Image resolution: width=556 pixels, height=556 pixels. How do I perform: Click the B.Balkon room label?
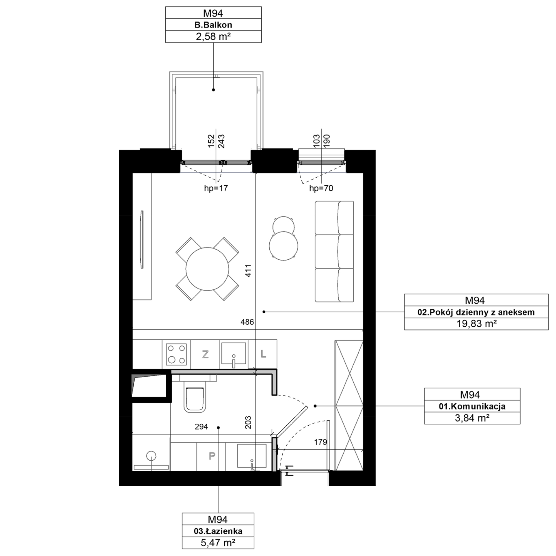pos(213,25)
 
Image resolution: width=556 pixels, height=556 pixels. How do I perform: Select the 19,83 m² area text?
pos(476,324)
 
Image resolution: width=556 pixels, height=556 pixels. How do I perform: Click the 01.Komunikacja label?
pos(472,406)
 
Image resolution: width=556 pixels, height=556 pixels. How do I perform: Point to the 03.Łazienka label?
pos(218,531)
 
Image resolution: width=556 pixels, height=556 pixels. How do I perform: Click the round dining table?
pos(207,269)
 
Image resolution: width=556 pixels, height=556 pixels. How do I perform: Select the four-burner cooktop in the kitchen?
pos(177,354)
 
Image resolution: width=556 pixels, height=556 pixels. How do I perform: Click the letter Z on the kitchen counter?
pos(205,354)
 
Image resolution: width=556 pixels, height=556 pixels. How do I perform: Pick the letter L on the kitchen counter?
pos(263,354)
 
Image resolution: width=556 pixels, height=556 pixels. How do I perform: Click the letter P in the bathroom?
pos(212,456)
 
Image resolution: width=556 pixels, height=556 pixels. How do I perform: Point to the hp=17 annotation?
pos(216,188)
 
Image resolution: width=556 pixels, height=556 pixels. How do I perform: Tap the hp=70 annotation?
pos(321,188)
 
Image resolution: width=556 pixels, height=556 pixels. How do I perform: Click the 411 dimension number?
pos(248,271)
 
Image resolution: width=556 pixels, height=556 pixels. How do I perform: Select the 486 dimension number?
pos(247,322)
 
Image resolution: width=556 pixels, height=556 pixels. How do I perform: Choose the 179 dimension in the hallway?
pos(321,442)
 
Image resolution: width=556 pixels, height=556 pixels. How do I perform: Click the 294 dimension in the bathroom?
pos(201,426)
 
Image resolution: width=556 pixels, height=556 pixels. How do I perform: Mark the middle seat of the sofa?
pos(334,252)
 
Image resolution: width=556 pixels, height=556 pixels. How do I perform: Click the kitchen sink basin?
pos(233,353)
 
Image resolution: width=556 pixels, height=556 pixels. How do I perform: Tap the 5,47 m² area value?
pos(218,543)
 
